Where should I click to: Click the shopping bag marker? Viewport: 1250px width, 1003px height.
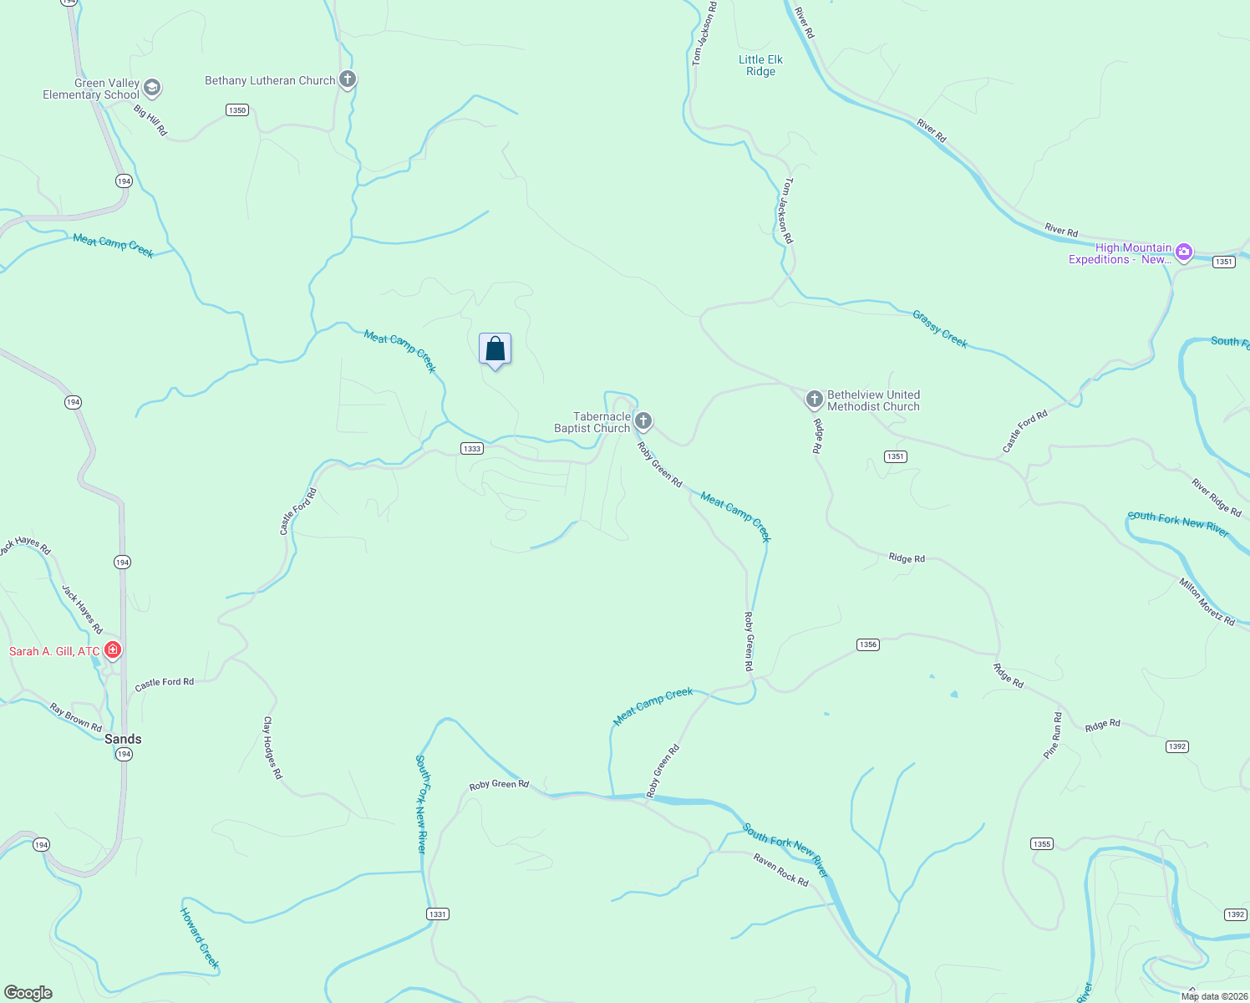[x=495, y=349]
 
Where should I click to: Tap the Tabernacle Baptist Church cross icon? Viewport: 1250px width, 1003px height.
[x=643, y=420]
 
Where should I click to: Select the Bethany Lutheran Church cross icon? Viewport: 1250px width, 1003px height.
[x=348, y=80]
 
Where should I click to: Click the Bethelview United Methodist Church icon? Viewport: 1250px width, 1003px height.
[x=814, y=400]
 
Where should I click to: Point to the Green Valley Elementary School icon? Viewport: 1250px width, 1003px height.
[x=151, y=88]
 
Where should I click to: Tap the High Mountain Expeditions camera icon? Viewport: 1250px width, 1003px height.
[x=1183, y=252]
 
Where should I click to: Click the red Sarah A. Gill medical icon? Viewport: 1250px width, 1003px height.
[x=113, y=649]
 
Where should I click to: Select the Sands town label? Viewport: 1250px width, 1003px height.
[x=123, y=739]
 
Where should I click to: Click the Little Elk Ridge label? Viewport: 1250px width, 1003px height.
[x=760, y=65]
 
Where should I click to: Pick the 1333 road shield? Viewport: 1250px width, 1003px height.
[x=472, y=449]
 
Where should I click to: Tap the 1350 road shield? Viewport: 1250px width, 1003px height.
[x=237, y=110]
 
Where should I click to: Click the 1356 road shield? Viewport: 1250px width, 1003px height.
[x=868, y=644]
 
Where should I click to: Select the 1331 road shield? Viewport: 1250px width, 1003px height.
[x=438, y=914]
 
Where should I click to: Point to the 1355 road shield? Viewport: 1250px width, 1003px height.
[x=1042, y=844]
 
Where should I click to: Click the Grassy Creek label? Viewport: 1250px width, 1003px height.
[x=940, y=328]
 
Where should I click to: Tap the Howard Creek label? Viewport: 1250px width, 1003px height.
[x=200, y=938]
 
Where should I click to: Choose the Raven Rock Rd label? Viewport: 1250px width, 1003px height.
[x=781, y=870]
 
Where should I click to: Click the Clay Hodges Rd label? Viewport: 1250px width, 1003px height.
[x=272, y=748]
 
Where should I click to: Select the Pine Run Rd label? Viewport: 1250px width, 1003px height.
[x=1053, y=736]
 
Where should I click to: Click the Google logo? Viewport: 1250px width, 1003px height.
[x=28, y=993]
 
